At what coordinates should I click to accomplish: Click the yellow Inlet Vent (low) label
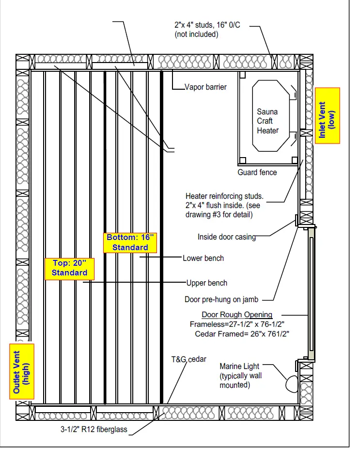point(327,115)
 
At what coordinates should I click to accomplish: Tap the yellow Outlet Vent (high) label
point(22,371)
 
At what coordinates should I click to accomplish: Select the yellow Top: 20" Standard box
point(69,268)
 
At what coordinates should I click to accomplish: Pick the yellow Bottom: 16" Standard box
point(130,242)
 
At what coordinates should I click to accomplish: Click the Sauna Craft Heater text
point(267,121)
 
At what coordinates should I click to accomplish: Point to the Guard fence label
point(257,173)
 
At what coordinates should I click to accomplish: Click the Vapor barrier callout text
point(205,88)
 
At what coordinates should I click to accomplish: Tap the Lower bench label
point(203,258)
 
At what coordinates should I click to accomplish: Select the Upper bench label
point(207,283)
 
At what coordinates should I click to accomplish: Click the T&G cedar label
point(188,359)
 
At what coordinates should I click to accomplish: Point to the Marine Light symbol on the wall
point(292,383)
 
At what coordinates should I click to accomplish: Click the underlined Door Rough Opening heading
point(237,315)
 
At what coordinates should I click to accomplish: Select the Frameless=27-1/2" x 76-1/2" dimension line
point(236,324)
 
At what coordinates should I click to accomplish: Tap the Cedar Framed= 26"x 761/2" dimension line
point(242,334)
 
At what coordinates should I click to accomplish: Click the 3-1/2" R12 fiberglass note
point(94,429)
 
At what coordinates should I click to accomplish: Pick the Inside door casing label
point(226,237)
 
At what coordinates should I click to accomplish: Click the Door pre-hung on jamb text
point(221,299)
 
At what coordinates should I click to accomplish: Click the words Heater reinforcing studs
point(224,196)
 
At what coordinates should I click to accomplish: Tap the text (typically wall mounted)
point(241,381)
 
